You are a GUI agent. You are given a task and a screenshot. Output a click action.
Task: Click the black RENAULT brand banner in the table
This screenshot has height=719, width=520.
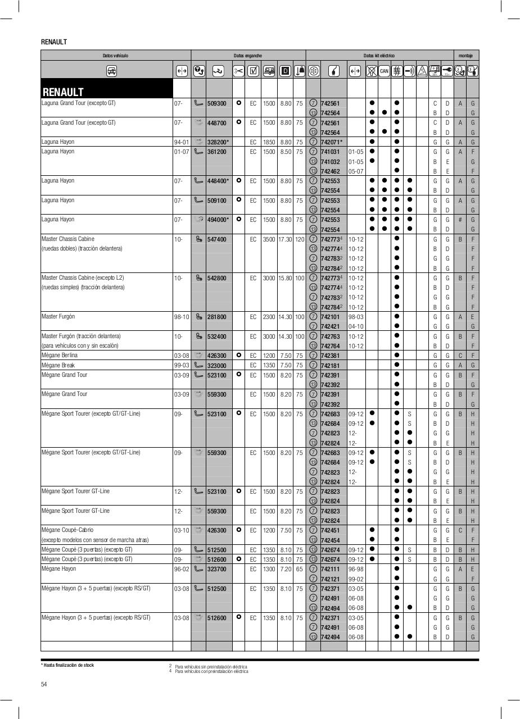pyautogui.click(x=107, y=92)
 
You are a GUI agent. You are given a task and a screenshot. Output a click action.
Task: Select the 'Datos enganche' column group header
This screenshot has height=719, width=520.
pyautogui.click(x=248, y=56)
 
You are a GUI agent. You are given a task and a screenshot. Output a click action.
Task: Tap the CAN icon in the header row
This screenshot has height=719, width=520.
pyautogui.click(x=384, y=71)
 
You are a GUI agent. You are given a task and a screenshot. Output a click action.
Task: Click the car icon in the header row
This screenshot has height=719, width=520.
pyautogui.click(x=111, y=71)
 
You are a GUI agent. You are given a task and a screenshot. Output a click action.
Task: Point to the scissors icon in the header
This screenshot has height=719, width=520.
pyautogui.click(x=238, y=71)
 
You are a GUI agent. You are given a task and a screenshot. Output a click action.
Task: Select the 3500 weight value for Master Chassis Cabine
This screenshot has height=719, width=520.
pyautogui.click(x=269, y=239)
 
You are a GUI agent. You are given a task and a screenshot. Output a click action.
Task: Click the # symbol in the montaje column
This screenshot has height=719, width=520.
pyautogui.click(x=460, y=220)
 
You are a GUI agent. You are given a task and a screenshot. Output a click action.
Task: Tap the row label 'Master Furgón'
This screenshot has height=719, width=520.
pyautogui.click(x=58, y=317)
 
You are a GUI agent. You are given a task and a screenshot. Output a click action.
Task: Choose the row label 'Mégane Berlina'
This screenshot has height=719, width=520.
pyautogui.click(x=60, y=356)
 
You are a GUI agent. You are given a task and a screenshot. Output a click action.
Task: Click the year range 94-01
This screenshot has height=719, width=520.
pyautogui.click(x=181, y=142)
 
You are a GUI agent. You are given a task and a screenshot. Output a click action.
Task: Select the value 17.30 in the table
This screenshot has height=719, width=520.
pyautogui.click(x=285, y=239)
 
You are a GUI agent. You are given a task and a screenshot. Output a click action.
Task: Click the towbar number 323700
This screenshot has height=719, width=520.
pyautogui.click(x=216, y=569)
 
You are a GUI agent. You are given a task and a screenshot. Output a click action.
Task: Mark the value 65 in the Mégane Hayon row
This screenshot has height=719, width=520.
pyautogui.click(x=299, y=569)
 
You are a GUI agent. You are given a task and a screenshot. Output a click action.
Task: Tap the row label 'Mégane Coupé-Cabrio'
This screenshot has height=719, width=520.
pyautogui.click(x=67, y=530)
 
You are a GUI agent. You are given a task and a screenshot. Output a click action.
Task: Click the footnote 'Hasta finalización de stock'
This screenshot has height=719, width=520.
pyautogui.click(x=67, y=665)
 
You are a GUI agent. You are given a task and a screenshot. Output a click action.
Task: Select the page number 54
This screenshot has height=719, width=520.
pyautogui.click(x=44, y=684)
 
